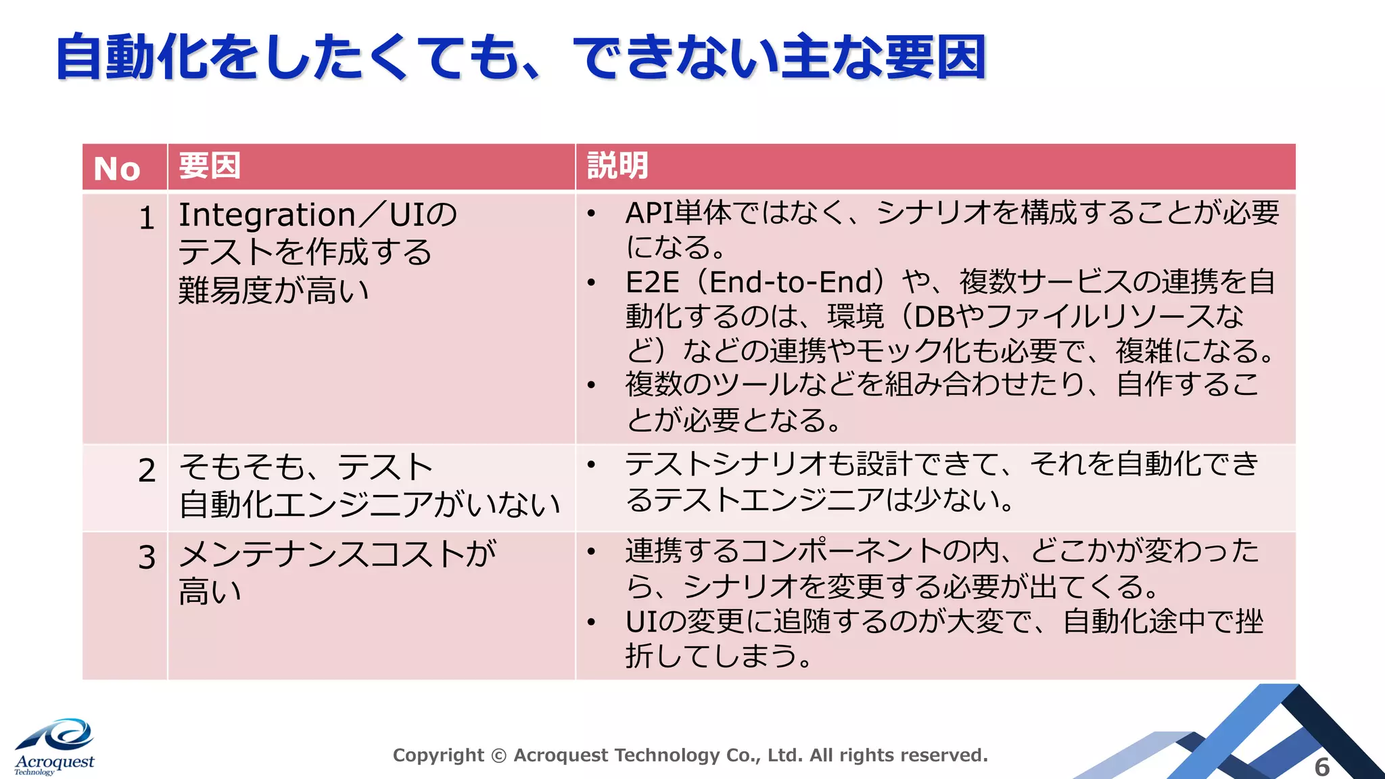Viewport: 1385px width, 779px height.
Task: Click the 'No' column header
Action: click(x=117, y=168)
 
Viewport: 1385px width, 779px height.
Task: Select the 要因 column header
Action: click(x=210, y=166)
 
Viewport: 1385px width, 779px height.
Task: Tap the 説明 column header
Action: click(x=617, y=166)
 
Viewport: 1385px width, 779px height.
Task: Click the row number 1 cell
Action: click(x=147, y=218)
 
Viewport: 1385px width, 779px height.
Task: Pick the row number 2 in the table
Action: click(x=147, y=471)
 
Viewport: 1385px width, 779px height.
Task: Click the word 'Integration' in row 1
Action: click(x=266, y=216)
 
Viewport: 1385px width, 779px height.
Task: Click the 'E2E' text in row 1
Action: click(x=652, y=282)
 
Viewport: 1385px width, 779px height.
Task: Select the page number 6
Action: click(x=1321, y=767)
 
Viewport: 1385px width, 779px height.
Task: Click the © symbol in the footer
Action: click(x=498, y=755)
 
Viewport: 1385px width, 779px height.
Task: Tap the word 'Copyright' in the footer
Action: click(x=438, y=755)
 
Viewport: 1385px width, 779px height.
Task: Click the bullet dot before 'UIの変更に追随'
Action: click(x=591, y=622)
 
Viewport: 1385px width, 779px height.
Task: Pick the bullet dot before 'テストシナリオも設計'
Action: click(x=591, y=465)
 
